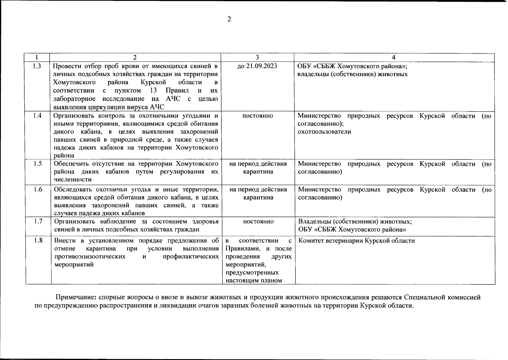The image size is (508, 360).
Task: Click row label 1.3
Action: pos(37,66)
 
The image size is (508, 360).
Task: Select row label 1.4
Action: pos(37,116)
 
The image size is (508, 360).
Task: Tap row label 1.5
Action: pos(37,164)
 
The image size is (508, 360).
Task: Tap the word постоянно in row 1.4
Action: pos(258,116)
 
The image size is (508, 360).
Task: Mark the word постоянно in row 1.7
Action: pos(258,221)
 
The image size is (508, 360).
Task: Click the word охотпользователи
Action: pos(324,132)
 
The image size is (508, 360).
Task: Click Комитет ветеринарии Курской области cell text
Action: pos(357,241)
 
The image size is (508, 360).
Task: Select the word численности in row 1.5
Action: pos(73,180)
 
